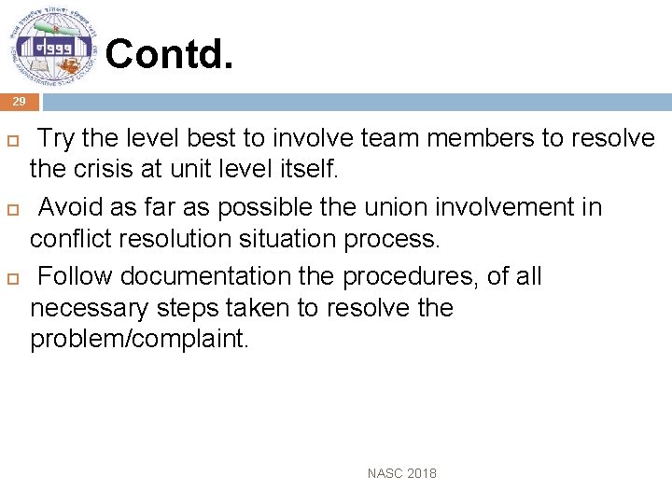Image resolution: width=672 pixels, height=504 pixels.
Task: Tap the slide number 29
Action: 20,102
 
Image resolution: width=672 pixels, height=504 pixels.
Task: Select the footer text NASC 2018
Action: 401,473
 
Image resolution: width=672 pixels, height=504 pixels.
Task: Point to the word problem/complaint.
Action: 140,339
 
